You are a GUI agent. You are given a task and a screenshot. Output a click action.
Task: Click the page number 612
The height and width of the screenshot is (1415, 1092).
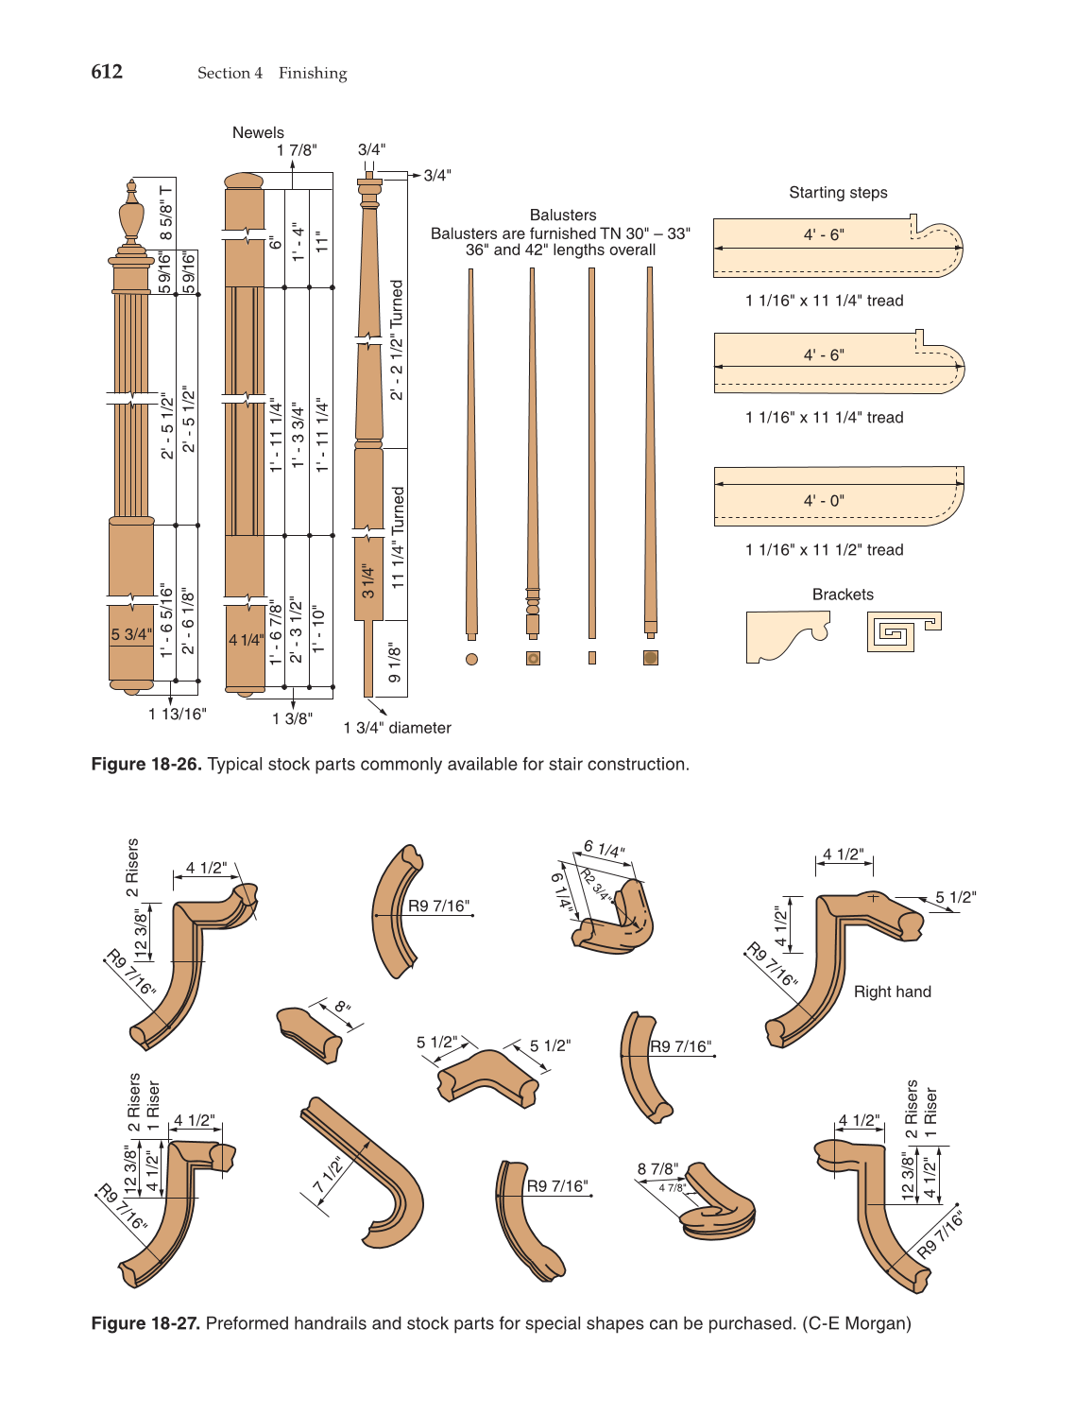[107, 72]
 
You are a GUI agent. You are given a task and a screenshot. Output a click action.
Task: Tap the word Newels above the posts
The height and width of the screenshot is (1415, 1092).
[258, 132]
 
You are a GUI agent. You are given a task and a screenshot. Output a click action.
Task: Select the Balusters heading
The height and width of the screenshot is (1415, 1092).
[563, 215]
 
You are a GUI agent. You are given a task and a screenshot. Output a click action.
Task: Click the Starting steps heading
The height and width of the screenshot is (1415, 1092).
[838, 193]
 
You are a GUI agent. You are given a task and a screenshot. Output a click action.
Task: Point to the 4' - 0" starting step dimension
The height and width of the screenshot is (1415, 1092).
[824, 500]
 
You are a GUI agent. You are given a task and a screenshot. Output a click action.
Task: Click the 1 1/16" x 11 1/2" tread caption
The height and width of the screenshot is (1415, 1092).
[824, 549]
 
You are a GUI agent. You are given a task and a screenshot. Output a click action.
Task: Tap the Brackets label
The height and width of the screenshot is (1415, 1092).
[843, 595]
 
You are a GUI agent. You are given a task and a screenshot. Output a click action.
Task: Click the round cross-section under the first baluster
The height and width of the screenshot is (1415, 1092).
[471, 659]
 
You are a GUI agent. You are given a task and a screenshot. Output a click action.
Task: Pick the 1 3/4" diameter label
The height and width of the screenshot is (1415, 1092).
[397, 728]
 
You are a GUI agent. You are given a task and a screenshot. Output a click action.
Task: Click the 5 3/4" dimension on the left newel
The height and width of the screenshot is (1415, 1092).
[130, 634]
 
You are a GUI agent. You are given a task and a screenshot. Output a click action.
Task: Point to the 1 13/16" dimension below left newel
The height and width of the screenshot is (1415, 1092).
[177, 715]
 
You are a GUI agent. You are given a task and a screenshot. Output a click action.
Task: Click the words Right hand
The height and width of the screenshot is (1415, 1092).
[892, 992]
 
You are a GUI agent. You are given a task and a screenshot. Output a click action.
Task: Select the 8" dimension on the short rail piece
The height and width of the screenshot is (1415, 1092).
[342, 1007]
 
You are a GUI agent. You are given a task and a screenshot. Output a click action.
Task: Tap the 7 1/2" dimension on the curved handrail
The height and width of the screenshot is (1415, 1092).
[328, 1175]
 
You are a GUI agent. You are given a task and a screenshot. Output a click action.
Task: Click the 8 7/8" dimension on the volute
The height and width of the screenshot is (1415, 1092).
[657, 1169]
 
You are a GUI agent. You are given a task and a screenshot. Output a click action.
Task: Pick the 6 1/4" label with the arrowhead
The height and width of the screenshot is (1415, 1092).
[605, 850]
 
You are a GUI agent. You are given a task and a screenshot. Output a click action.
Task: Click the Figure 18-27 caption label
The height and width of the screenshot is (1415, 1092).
[145, 1323]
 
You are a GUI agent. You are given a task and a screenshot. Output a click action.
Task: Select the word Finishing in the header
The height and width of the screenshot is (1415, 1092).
[313, 73]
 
